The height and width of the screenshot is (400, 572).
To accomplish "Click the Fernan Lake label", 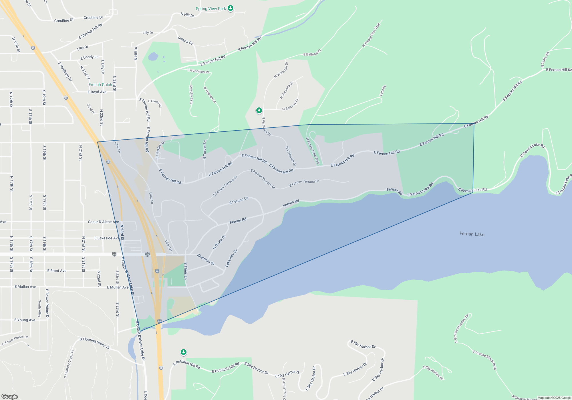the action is point(472,234).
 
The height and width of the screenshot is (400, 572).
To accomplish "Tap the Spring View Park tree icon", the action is point(231,8).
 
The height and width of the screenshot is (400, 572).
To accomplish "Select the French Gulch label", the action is point(100,85).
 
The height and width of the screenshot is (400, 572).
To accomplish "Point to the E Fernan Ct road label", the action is point(239,201).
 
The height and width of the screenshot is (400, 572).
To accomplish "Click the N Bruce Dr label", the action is point(219,242).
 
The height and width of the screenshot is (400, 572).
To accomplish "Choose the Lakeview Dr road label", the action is point(231,258).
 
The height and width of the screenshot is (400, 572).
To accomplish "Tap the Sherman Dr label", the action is point(206,259).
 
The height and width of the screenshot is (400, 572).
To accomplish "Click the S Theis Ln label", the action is point(186,271).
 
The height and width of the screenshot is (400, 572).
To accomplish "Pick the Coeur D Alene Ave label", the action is point(103,222).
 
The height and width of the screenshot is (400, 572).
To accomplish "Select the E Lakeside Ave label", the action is point(107,238).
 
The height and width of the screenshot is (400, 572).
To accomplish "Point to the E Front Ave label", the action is point(57,271).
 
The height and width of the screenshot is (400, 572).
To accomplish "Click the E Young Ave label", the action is point(25,320).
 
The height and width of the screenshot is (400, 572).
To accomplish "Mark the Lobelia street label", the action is point(383,91).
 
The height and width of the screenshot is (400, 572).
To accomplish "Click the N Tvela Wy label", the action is point(545,59).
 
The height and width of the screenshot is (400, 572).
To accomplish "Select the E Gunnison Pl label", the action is point(198,71).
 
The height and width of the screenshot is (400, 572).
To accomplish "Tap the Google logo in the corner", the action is point(9,396).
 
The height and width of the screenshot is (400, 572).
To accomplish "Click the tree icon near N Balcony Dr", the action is point(259,110).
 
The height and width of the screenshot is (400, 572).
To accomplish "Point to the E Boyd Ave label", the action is point(97,92).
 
